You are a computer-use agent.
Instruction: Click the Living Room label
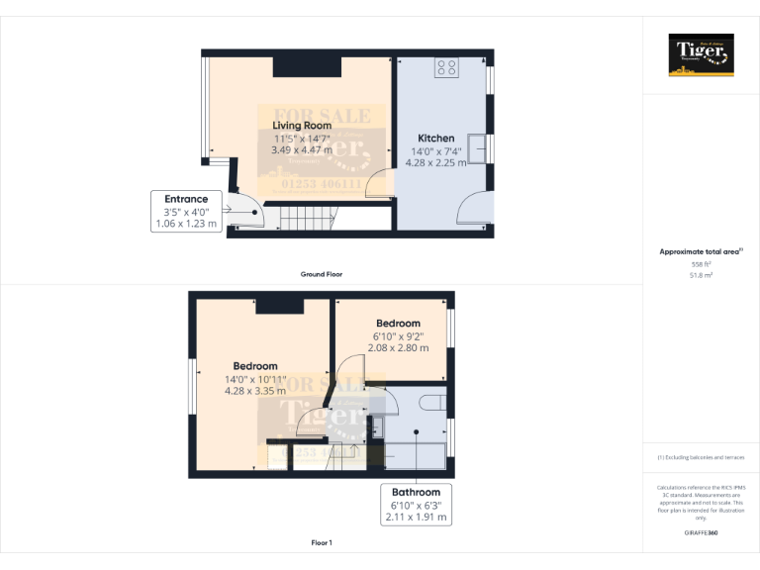tap(302, 126)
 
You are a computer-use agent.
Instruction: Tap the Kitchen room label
tap(435, 139)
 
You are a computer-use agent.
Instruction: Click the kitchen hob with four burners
tap(447, 67)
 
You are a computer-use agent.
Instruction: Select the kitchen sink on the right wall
tap(477, 146)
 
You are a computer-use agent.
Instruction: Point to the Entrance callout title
tap(186, 199)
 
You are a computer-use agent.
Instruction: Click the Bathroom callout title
tap(417, 492)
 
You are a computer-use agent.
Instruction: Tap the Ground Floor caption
tap(322, 274)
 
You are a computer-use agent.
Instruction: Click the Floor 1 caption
tap(322, 543)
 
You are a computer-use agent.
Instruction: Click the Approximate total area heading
tap(700, 252)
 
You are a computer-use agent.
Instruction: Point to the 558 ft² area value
tap(701, 264)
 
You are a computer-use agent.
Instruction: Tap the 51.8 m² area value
tap(701, 276)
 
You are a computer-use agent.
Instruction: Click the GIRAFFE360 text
tap(701, 533)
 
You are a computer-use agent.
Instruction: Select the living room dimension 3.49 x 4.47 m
tap(302, 150)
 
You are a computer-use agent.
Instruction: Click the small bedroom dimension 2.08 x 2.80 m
tap(398, 348)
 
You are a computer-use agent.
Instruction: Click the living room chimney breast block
tap(308, 65)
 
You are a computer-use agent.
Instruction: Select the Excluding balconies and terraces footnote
tap(701, 457)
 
